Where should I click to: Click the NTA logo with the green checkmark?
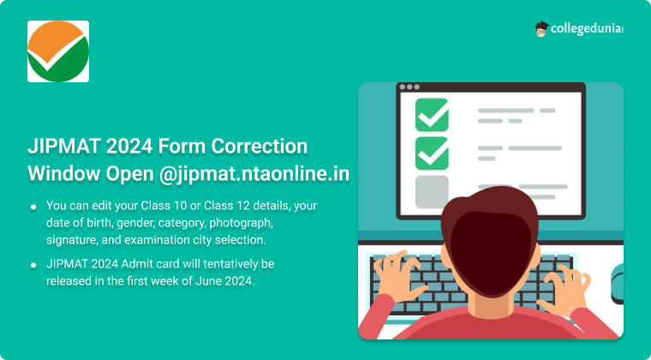pos(58,51)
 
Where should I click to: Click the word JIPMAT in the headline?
pos(63,146)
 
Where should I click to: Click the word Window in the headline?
pos(63,173)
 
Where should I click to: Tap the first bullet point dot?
pos(33,207)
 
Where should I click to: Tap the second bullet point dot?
pos(33,262)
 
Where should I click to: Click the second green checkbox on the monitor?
pos(432,153)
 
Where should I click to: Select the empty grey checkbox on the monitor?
pos(432,191)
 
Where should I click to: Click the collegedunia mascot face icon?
pos(541,29)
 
